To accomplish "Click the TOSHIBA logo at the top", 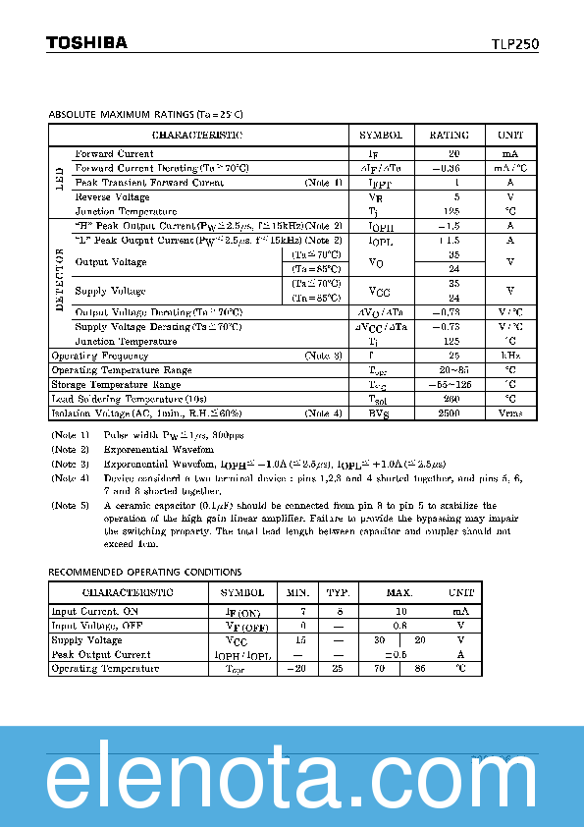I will click(86, 42).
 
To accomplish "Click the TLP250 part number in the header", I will click(514, 44).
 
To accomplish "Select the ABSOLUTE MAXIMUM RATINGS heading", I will click(145, 114).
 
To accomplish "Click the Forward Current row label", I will click(114, 154).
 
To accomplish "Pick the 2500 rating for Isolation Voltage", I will click(450, 413).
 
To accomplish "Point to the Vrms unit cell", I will click(510, 413).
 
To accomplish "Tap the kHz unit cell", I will click(510, 356).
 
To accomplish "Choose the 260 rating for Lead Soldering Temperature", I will click(450, 399).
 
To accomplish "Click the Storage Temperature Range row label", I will click(115, 385).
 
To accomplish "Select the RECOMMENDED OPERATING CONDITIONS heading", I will click(145, 572).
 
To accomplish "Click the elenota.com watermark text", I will click(292, 779).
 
